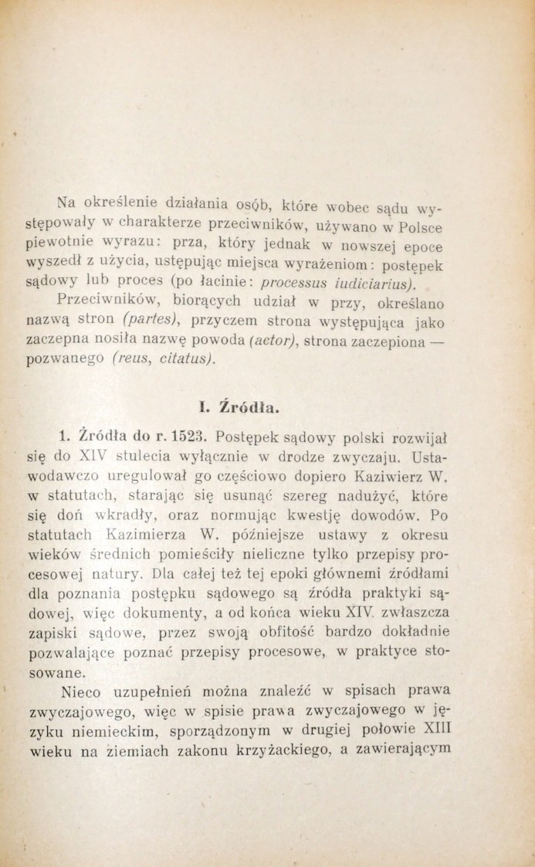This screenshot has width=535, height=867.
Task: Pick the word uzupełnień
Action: pos(167,688)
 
